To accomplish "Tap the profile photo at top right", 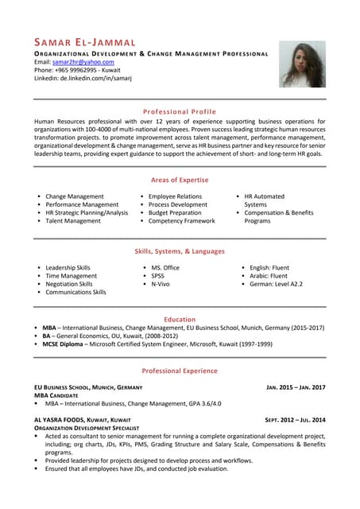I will click(302, 64).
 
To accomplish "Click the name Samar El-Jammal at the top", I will click(85, 41).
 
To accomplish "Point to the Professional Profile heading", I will click(179, 111).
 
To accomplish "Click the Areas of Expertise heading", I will click(179, 180).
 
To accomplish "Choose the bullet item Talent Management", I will click(73, 221).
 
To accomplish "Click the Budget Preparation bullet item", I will click(175, 212).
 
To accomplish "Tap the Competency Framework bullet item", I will click(181, 221).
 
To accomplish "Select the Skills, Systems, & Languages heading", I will click(179, 251).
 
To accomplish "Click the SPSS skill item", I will click(157, 276).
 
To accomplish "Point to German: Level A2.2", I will click(276, 284).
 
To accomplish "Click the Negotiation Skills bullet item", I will click(69, 284).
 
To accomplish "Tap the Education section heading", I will click(179, 319).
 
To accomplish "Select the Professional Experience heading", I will click(179, 371).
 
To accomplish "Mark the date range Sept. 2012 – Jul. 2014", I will click(295, 419).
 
